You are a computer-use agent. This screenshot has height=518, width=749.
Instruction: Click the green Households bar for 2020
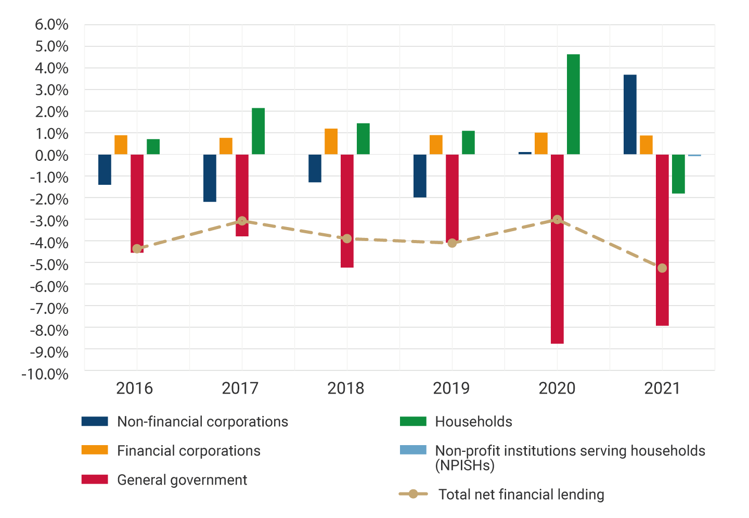pos(573,104)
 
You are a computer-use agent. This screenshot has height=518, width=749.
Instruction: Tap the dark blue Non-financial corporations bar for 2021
pos(630,115)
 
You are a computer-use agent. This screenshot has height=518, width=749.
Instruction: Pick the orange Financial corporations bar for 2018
pos(331,142)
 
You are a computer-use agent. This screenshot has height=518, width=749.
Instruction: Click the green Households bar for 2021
pos(678,174)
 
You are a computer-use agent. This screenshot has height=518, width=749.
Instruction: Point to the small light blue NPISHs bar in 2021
pos(694,155)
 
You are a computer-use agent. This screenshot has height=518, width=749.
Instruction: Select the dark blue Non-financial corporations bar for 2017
pos(210,178)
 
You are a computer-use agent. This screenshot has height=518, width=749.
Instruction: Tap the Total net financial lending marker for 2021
pos(662,268)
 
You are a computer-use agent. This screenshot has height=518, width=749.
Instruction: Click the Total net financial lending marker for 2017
pos(242,221)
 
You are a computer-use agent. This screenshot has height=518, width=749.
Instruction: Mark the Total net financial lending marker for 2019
pos(452,243)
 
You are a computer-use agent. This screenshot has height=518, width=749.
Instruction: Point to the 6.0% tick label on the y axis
pos(51,24)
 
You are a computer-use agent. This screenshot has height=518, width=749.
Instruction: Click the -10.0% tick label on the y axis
pos(45,374)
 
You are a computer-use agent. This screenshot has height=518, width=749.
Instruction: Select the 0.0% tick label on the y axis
pos(51,156)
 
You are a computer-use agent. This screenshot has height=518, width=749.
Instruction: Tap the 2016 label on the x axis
pos(135,388)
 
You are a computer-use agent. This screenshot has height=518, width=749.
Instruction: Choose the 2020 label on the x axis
pos(557,388)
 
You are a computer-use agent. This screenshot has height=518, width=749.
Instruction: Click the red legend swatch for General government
pos(95,479)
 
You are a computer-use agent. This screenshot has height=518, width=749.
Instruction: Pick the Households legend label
pos(473,422)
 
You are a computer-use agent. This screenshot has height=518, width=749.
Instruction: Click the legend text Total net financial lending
pos(521,495)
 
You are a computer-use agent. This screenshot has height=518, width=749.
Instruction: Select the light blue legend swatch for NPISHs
pos(413,450)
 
